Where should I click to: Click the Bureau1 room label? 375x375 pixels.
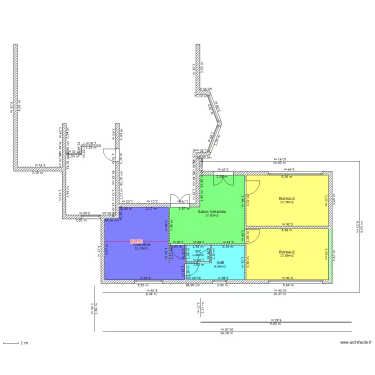(x=287, y=198)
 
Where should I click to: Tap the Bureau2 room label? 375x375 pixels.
(x=287, y=251)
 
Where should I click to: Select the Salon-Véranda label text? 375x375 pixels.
(x=211, y=211)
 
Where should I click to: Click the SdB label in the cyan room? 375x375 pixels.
(x=220, y=262)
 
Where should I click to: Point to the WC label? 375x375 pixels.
(x=198, y=251)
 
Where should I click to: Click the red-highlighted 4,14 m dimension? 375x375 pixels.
(x=135, y=241)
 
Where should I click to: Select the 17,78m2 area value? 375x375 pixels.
(x=287, y=202)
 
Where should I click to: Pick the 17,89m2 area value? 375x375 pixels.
(x=287, y=255)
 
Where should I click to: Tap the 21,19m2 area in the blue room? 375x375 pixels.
(x=142, y=248)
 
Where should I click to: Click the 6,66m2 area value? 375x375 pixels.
(x=220, y=266)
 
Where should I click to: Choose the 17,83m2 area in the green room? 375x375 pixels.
(x=211, y=215)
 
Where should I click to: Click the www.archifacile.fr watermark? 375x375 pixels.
(x=356, y=342)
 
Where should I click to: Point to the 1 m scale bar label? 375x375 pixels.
(x=24, y=343)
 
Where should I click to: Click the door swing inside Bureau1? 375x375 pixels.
(x=253, y=186)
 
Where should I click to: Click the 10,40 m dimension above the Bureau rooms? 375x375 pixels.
(x=279, y=163)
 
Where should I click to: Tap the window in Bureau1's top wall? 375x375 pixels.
(x=287, y=173)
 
